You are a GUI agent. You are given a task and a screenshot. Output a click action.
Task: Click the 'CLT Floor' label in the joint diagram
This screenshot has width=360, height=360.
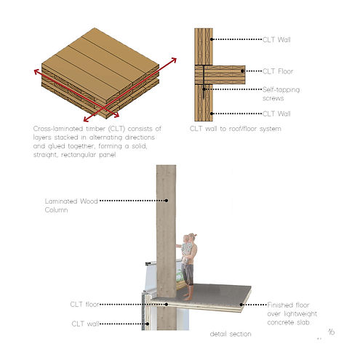click(x=278, y=71)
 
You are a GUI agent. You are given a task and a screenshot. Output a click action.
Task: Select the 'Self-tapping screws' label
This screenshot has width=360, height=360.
click(x=281, y=94)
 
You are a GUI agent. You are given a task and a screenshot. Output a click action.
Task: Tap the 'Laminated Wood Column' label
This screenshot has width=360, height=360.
click(x=71, y=205)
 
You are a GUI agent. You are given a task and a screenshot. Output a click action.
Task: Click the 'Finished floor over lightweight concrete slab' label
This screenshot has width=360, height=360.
click(x=292, y=313)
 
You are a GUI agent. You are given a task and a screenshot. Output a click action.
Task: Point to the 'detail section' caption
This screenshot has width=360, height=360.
click(x=231, y=334)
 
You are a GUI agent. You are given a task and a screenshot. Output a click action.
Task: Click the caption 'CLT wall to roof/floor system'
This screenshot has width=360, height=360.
click(x=236, y=129)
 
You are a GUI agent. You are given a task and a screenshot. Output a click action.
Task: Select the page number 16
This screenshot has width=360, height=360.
click(x=332, y=332)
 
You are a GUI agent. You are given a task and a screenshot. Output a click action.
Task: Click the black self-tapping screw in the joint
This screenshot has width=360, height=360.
click(x=204, y=82)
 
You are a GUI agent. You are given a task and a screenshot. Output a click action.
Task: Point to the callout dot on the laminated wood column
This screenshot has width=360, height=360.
click(x=167, y=201)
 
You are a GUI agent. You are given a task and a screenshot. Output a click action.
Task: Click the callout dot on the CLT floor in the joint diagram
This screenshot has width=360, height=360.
click(x=242, y=71)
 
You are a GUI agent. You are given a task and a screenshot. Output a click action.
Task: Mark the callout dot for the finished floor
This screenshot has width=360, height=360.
click(x=241, y=305)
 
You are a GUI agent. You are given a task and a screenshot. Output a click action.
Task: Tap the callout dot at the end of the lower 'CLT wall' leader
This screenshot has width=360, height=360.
click(x=147, y=324)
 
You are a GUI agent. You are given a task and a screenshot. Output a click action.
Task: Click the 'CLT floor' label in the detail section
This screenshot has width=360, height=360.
click(x=84, y=304)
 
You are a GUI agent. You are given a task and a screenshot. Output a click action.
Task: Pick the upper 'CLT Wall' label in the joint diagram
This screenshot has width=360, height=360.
click(x=276, y=39)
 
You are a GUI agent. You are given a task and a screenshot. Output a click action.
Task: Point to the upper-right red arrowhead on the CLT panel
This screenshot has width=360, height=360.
click(x=174, y=60)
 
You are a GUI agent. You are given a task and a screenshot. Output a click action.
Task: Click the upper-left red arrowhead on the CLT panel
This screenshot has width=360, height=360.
click(x=37, y=71)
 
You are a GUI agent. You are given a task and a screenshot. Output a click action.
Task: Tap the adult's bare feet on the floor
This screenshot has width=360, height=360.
click(x=187, y=297)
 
